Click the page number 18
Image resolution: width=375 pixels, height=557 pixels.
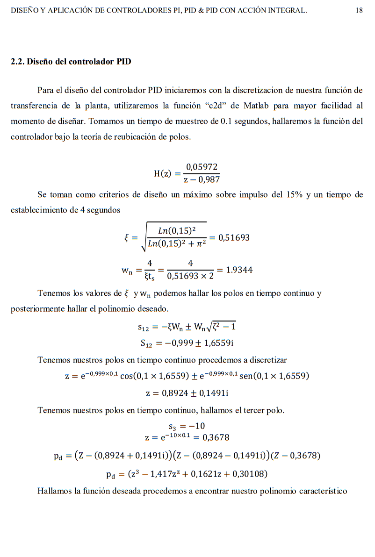pyautogui.click(x=359, y=10)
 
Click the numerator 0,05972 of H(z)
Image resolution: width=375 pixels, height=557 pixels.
pyautogui.click(x=202, y=167)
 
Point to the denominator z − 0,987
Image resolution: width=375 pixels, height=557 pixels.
pyautogui.click(x=202, y=179)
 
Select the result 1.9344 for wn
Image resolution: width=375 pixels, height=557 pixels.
pyautogui.click(x=239, y=270)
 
